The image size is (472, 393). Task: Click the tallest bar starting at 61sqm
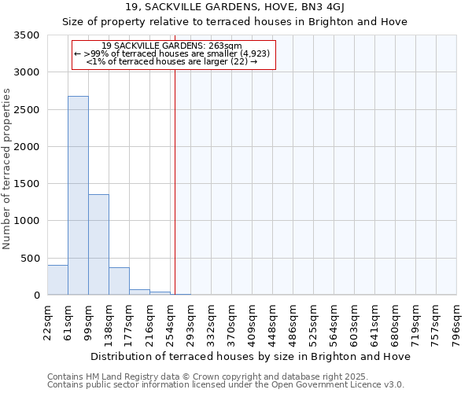tap(78, 196)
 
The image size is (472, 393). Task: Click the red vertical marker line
tap(175, 173)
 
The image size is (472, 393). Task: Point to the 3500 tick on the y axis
tap(28, 35)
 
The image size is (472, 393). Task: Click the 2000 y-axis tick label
tap(28, 147)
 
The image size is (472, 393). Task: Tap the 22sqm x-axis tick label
tap(48, 321)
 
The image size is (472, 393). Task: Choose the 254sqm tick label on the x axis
tap(171, 321)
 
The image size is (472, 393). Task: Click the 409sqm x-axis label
tap(253, 321)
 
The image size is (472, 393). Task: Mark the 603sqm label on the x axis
tap(355, 321)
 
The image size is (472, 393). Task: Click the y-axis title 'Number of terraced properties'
tap(7, 169)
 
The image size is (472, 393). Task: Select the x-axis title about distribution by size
tap(251, 356)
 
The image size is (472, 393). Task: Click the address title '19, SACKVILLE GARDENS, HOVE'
tap(235, 7)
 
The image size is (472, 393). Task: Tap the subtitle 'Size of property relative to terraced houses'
tap(235, 21)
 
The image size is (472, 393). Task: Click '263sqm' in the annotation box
tap(227, 46)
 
